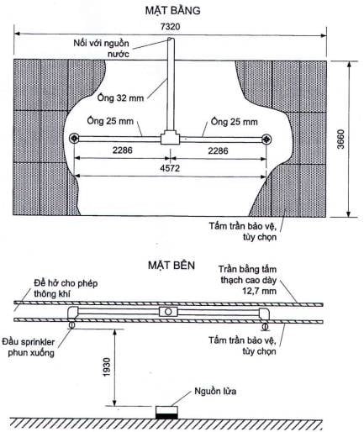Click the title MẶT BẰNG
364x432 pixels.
[172, 10]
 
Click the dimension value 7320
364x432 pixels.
[170, 27]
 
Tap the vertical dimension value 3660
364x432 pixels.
[340, 139]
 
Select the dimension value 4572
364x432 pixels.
[170, 168]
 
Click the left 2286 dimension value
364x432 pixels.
[123, 150]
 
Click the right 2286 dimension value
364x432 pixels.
[218, 151]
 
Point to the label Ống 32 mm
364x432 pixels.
[120, 97]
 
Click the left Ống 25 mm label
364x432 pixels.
[110, 121]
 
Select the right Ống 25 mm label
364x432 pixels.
[234, 122]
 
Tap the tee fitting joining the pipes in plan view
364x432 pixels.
[171, 137]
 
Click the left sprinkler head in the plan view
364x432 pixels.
[74, 139]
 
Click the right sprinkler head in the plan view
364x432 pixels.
[266, 139]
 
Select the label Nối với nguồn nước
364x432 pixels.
[102, 48]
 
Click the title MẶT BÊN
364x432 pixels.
[171, 265]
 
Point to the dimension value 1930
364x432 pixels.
[107, 367]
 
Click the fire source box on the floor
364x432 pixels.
[166, 413]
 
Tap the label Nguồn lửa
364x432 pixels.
[215, 391]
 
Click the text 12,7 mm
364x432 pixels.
[260, 291]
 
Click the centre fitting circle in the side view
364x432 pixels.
[168, 312]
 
